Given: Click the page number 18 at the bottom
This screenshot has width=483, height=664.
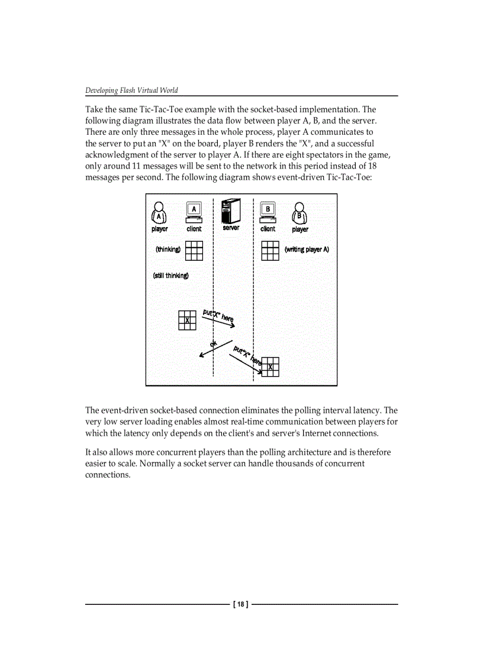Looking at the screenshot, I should coord(241,604).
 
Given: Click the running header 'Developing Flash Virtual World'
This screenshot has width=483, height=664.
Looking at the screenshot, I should coord(131,90).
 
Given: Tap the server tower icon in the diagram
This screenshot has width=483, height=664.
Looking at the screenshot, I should coord(231,211).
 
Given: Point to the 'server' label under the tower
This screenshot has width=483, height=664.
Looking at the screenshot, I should coord(231,228).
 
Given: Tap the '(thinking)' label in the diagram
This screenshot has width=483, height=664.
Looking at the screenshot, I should coord(168,250).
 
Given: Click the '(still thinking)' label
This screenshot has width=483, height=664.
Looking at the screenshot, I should coord(170,276).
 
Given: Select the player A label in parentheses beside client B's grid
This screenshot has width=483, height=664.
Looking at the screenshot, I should coord(307,250).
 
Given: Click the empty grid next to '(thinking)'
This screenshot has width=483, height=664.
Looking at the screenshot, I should coord(194,251).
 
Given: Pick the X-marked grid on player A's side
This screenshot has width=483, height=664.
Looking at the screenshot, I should coord(187,320).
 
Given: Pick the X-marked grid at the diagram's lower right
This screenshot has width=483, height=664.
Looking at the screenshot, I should coord(271,367).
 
